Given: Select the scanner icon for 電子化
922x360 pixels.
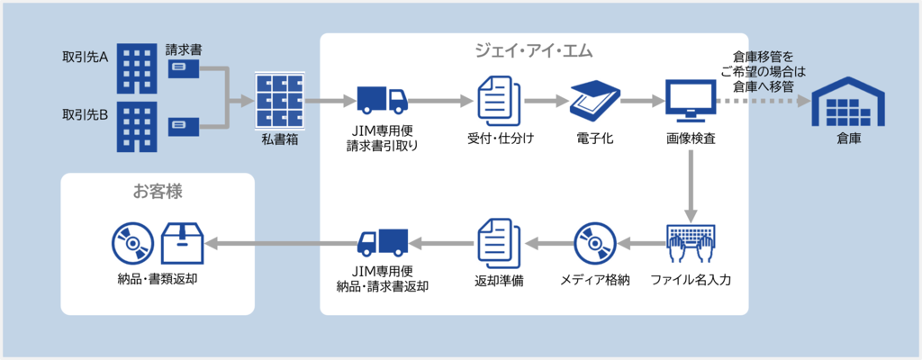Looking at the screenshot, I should pyautogui.click(x=593, y=101).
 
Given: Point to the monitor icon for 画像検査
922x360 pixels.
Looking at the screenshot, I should pyautogui.click(x=691, y=101).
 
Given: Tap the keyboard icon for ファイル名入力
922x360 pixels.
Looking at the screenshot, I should pyautogui.click(x=691, y=241).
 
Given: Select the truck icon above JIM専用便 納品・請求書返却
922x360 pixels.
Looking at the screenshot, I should pyautogui.click(x=382, y=241).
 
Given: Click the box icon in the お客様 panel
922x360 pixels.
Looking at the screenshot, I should pyautogui.click(x=182, y=242).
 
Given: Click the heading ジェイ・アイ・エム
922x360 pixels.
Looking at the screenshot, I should pyautogui.click(x=534, y=50).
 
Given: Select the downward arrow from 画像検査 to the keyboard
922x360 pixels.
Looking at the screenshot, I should pyautogui.click(x=691, y=185).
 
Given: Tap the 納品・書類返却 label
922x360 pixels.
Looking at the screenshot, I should pyautogui.click(x=158, y=279).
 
